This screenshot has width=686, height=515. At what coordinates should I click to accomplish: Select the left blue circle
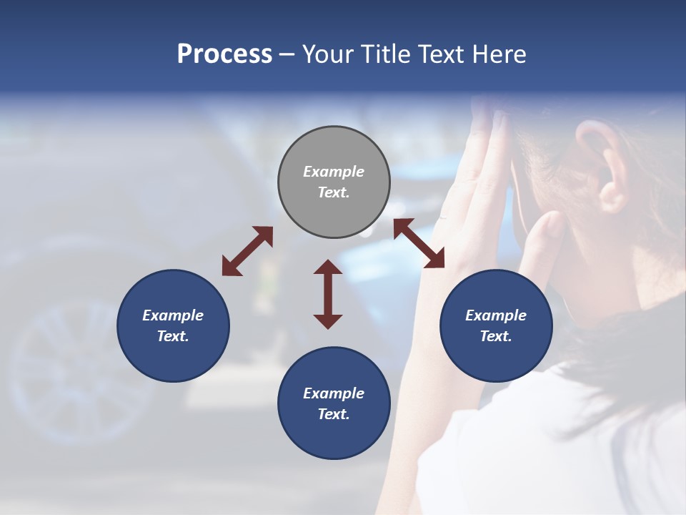coord(173,325)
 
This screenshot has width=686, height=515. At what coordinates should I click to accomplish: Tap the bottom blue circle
coord(334,403)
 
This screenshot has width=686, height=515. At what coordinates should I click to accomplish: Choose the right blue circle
coord(496,325)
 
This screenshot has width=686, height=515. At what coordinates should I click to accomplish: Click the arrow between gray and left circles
coord(247,251)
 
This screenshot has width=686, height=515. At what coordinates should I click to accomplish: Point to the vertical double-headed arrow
coord(328,294)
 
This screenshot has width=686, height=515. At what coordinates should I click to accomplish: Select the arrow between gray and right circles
coord(419,243)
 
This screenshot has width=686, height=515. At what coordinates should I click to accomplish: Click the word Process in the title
coord(224,54)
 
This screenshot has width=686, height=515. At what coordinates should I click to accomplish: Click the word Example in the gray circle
coord(334,172)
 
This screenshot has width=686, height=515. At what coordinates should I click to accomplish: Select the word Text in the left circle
coord(173,336)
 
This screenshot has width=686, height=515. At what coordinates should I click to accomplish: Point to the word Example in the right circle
coord(496,315)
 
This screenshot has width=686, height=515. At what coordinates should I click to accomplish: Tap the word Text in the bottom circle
coord(334,414)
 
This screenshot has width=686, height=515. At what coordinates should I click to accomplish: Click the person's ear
coord(600,161)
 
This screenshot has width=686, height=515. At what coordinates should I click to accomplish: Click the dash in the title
coord(287,54)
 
